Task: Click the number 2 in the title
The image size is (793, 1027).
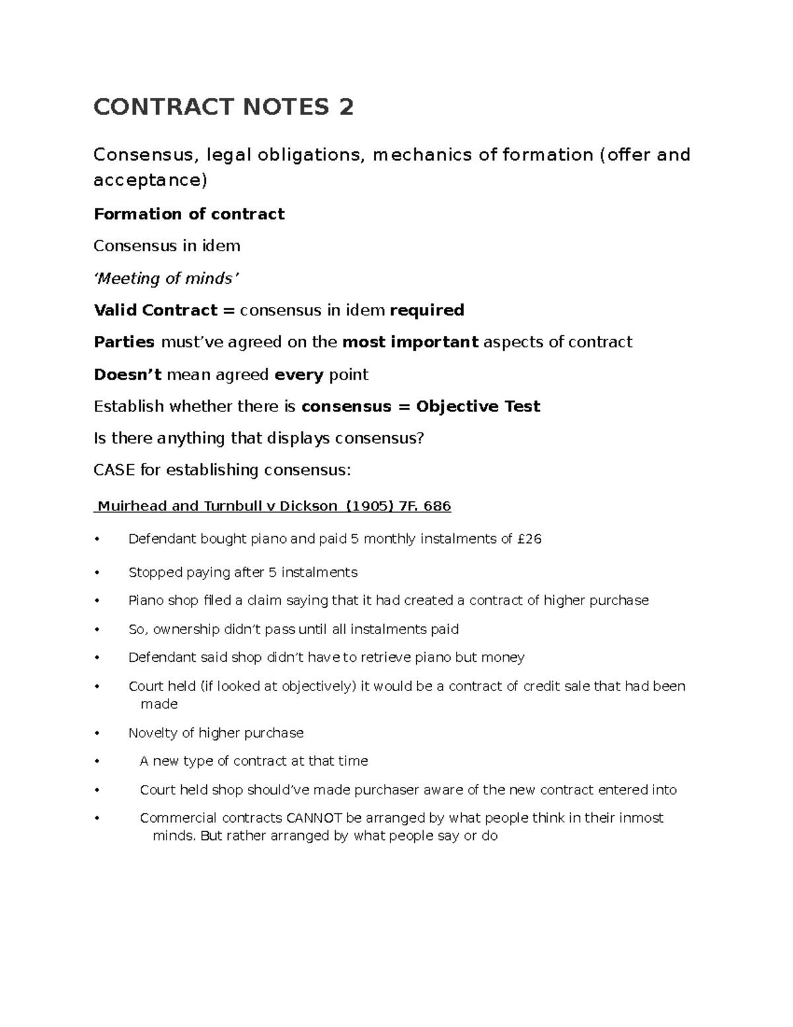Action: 346,106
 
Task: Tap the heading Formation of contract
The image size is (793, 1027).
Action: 189,214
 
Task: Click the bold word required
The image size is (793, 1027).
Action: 427,310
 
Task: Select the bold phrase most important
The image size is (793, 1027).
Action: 410,342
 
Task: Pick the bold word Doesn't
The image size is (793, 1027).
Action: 128,374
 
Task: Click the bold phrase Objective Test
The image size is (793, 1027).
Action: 478,406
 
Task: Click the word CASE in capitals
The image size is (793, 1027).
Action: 114,470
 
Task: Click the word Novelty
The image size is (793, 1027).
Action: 153,733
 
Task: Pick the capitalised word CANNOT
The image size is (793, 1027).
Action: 314,818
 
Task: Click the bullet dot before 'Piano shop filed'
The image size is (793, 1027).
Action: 96,601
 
